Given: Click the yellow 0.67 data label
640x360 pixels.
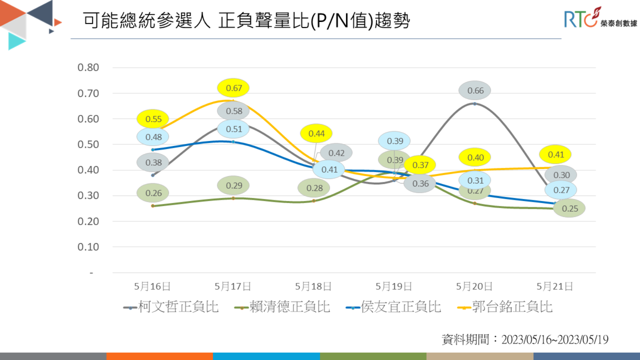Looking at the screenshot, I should click(x=233, y=88).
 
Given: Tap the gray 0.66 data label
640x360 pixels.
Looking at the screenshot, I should click(x=475, y=90).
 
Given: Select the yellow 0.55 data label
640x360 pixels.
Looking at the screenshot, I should click(x=153, y=119).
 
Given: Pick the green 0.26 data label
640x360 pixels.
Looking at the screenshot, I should click(x=153, y=193).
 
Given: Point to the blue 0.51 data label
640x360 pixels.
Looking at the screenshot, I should click(x=233, y=129).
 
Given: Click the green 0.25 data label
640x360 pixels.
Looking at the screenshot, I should click(x=570, y=209).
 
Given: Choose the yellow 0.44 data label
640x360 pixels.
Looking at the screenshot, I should click(x=316, y=134).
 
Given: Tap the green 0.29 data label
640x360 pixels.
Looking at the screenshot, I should click(x=233, y=186).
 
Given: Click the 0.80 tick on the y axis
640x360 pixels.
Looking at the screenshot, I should click(x=88, y=67).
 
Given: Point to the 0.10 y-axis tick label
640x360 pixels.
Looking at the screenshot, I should click(x=88, y=247).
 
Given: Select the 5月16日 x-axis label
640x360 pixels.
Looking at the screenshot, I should click(x=152, y=286).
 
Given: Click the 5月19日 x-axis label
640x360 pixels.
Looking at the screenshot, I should click(x=394, y=286).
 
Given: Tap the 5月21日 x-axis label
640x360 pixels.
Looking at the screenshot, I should click(x=555, y=286).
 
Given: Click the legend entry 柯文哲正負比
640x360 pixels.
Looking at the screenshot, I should click(x=171, y=307).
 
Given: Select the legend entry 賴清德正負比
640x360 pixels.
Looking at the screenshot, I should click(x=283, y=307).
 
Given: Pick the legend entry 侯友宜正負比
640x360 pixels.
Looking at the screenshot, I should click(x=394, y=307).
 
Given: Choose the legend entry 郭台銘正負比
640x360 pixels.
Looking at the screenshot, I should click(x=505, y=307).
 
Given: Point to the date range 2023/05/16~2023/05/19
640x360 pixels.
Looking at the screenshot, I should click(x=554, y=340).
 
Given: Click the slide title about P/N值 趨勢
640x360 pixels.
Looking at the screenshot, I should click(x=246, y=20).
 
